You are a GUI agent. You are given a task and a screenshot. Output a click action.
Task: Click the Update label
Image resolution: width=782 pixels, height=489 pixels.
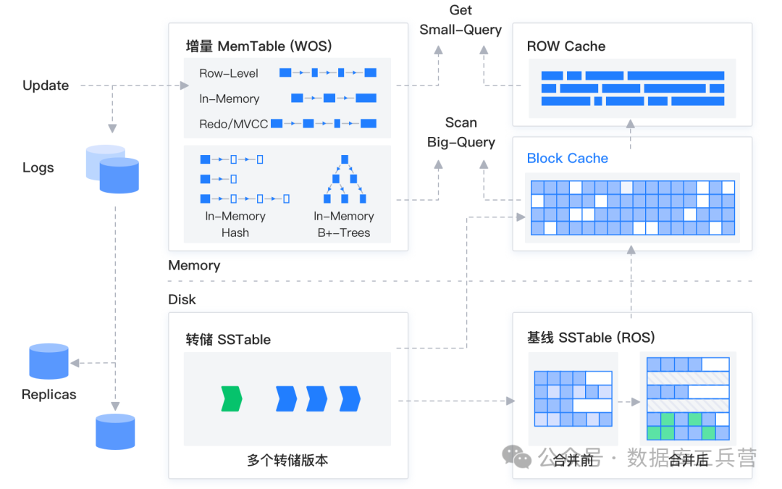pos(46,85)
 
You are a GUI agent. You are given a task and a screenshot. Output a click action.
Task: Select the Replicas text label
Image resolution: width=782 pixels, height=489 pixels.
pos(49,395)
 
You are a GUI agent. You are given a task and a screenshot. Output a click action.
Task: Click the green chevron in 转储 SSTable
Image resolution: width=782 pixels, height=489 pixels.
pos(232,398)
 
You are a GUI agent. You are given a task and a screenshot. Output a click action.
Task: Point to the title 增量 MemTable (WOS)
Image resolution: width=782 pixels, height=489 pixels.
pos(258,46)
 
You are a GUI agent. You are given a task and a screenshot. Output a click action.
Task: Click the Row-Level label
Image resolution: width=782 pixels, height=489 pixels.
pos(229,73)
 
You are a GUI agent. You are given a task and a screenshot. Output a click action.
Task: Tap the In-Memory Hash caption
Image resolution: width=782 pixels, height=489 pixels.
pos(235,225)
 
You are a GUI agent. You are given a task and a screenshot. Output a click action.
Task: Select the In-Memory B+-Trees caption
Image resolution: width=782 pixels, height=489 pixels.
pos(344,225)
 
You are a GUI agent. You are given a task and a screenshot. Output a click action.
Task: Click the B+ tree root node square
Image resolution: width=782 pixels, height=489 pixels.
pos(345,159)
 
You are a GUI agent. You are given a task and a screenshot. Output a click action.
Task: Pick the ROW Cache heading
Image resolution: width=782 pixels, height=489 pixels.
pos(566,46)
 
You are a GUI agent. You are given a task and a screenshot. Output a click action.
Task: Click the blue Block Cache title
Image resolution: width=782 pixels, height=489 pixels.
pos(568,159)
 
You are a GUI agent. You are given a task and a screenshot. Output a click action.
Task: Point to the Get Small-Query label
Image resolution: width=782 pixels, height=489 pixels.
pos(461,20)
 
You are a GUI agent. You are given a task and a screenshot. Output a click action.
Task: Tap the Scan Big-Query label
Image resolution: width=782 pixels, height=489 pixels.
pos(461,133)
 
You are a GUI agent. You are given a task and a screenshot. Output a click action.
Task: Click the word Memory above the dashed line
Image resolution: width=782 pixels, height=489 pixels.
pos(194,266)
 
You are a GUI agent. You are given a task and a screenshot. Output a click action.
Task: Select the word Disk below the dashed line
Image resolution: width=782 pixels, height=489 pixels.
pos(182,300)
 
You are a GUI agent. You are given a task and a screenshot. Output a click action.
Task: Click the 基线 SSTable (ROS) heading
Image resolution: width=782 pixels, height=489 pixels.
pos(591,338)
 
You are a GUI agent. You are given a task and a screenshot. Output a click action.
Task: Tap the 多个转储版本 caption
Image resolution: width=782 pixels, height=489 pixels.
pos(287,460)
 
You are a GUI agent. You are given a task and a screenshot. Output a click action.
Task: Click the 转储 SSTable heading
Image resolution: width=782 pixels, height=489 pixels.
pos(228,339)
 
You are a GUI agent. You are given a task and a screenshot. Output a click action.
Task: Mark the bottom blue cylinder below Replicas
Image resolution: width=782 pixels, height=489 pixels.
pos(116,432)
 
